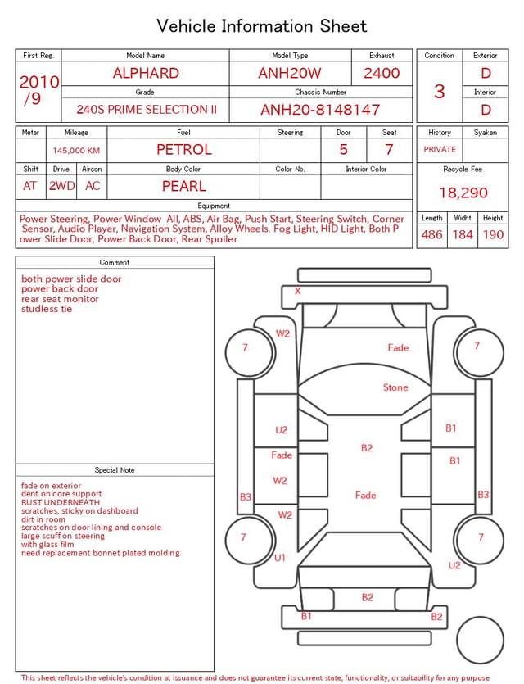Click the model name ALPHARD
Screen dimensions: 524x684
[x=146, y=73]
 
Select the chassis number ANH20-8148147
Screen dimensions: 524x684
[x=320, y=110]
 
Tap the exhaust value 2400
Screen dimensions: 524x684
[x=382, y=73]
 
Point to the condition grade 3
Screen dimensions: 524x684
[x=440, y=92]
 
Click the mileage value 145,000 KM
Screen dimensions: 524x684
[x=76, y=151]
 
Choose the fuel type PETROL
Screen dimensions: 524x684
[x=184, y=150]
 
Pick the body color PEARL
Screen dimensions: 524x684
[x=184, y=186]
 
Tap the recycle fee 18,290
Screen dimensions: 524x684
[x=463, y=193]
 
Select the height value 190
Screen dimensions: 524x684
[x=493, y=234]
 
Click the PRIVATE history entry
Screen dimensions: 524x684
[x=440, y=149]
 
